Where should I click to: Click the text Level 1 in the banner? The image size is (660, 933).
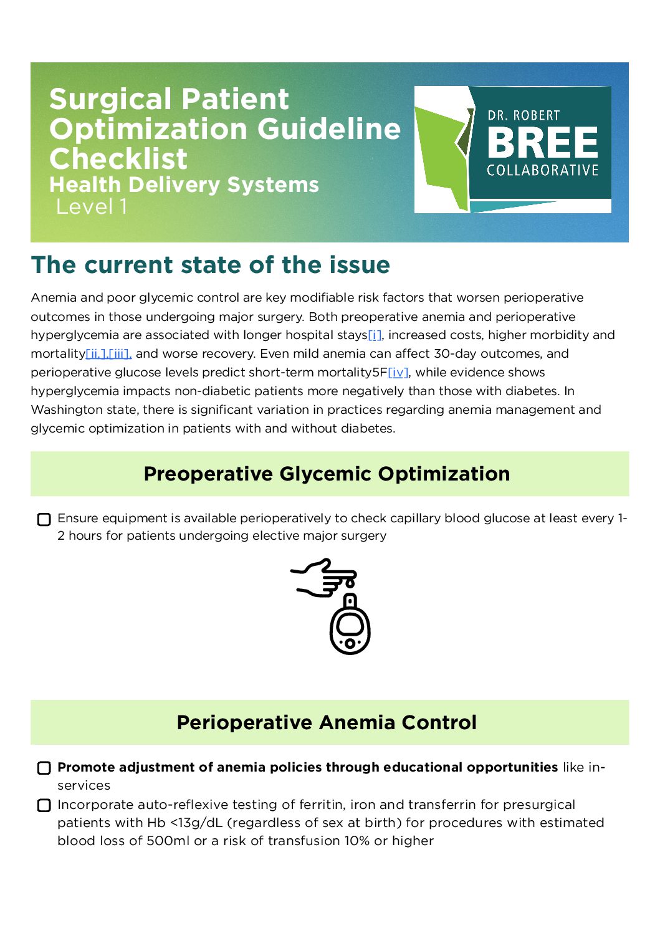pos(92,207)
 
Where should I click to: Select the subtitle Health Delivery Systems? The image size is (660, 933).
pos(184,184)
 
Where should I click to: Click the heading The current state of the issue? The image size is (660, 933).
pos(211,265)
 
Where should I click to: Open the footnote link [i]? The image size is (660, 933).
pos(375,335)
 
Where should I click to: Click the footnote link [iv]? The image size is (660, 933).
pos(398,373)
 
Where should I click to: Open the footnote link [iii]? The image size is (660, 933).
pos(120,354)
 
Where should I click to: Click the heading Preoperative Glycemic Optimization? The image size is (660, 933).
pos(327,474)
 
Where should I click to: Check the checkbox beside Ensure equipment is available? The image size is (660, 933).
pos(44,520)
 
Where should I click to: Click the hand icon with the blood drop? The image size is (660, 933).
pos(324,578)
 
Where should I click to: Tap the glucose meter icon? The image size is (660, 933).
pos(350,626)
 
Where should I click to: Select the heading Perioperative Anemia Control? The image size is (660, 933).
pos(327,722)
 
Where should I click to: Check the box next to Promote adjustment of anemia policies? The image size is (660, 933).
pos(44,768)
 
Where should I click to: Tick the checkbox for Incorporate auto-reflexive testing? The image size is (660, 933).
pos(44,805)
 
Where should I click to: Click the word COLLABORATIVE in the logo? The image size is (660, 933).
pos(542,170)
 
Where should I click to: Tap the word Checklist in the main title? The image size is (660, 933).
pos(118,159)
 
